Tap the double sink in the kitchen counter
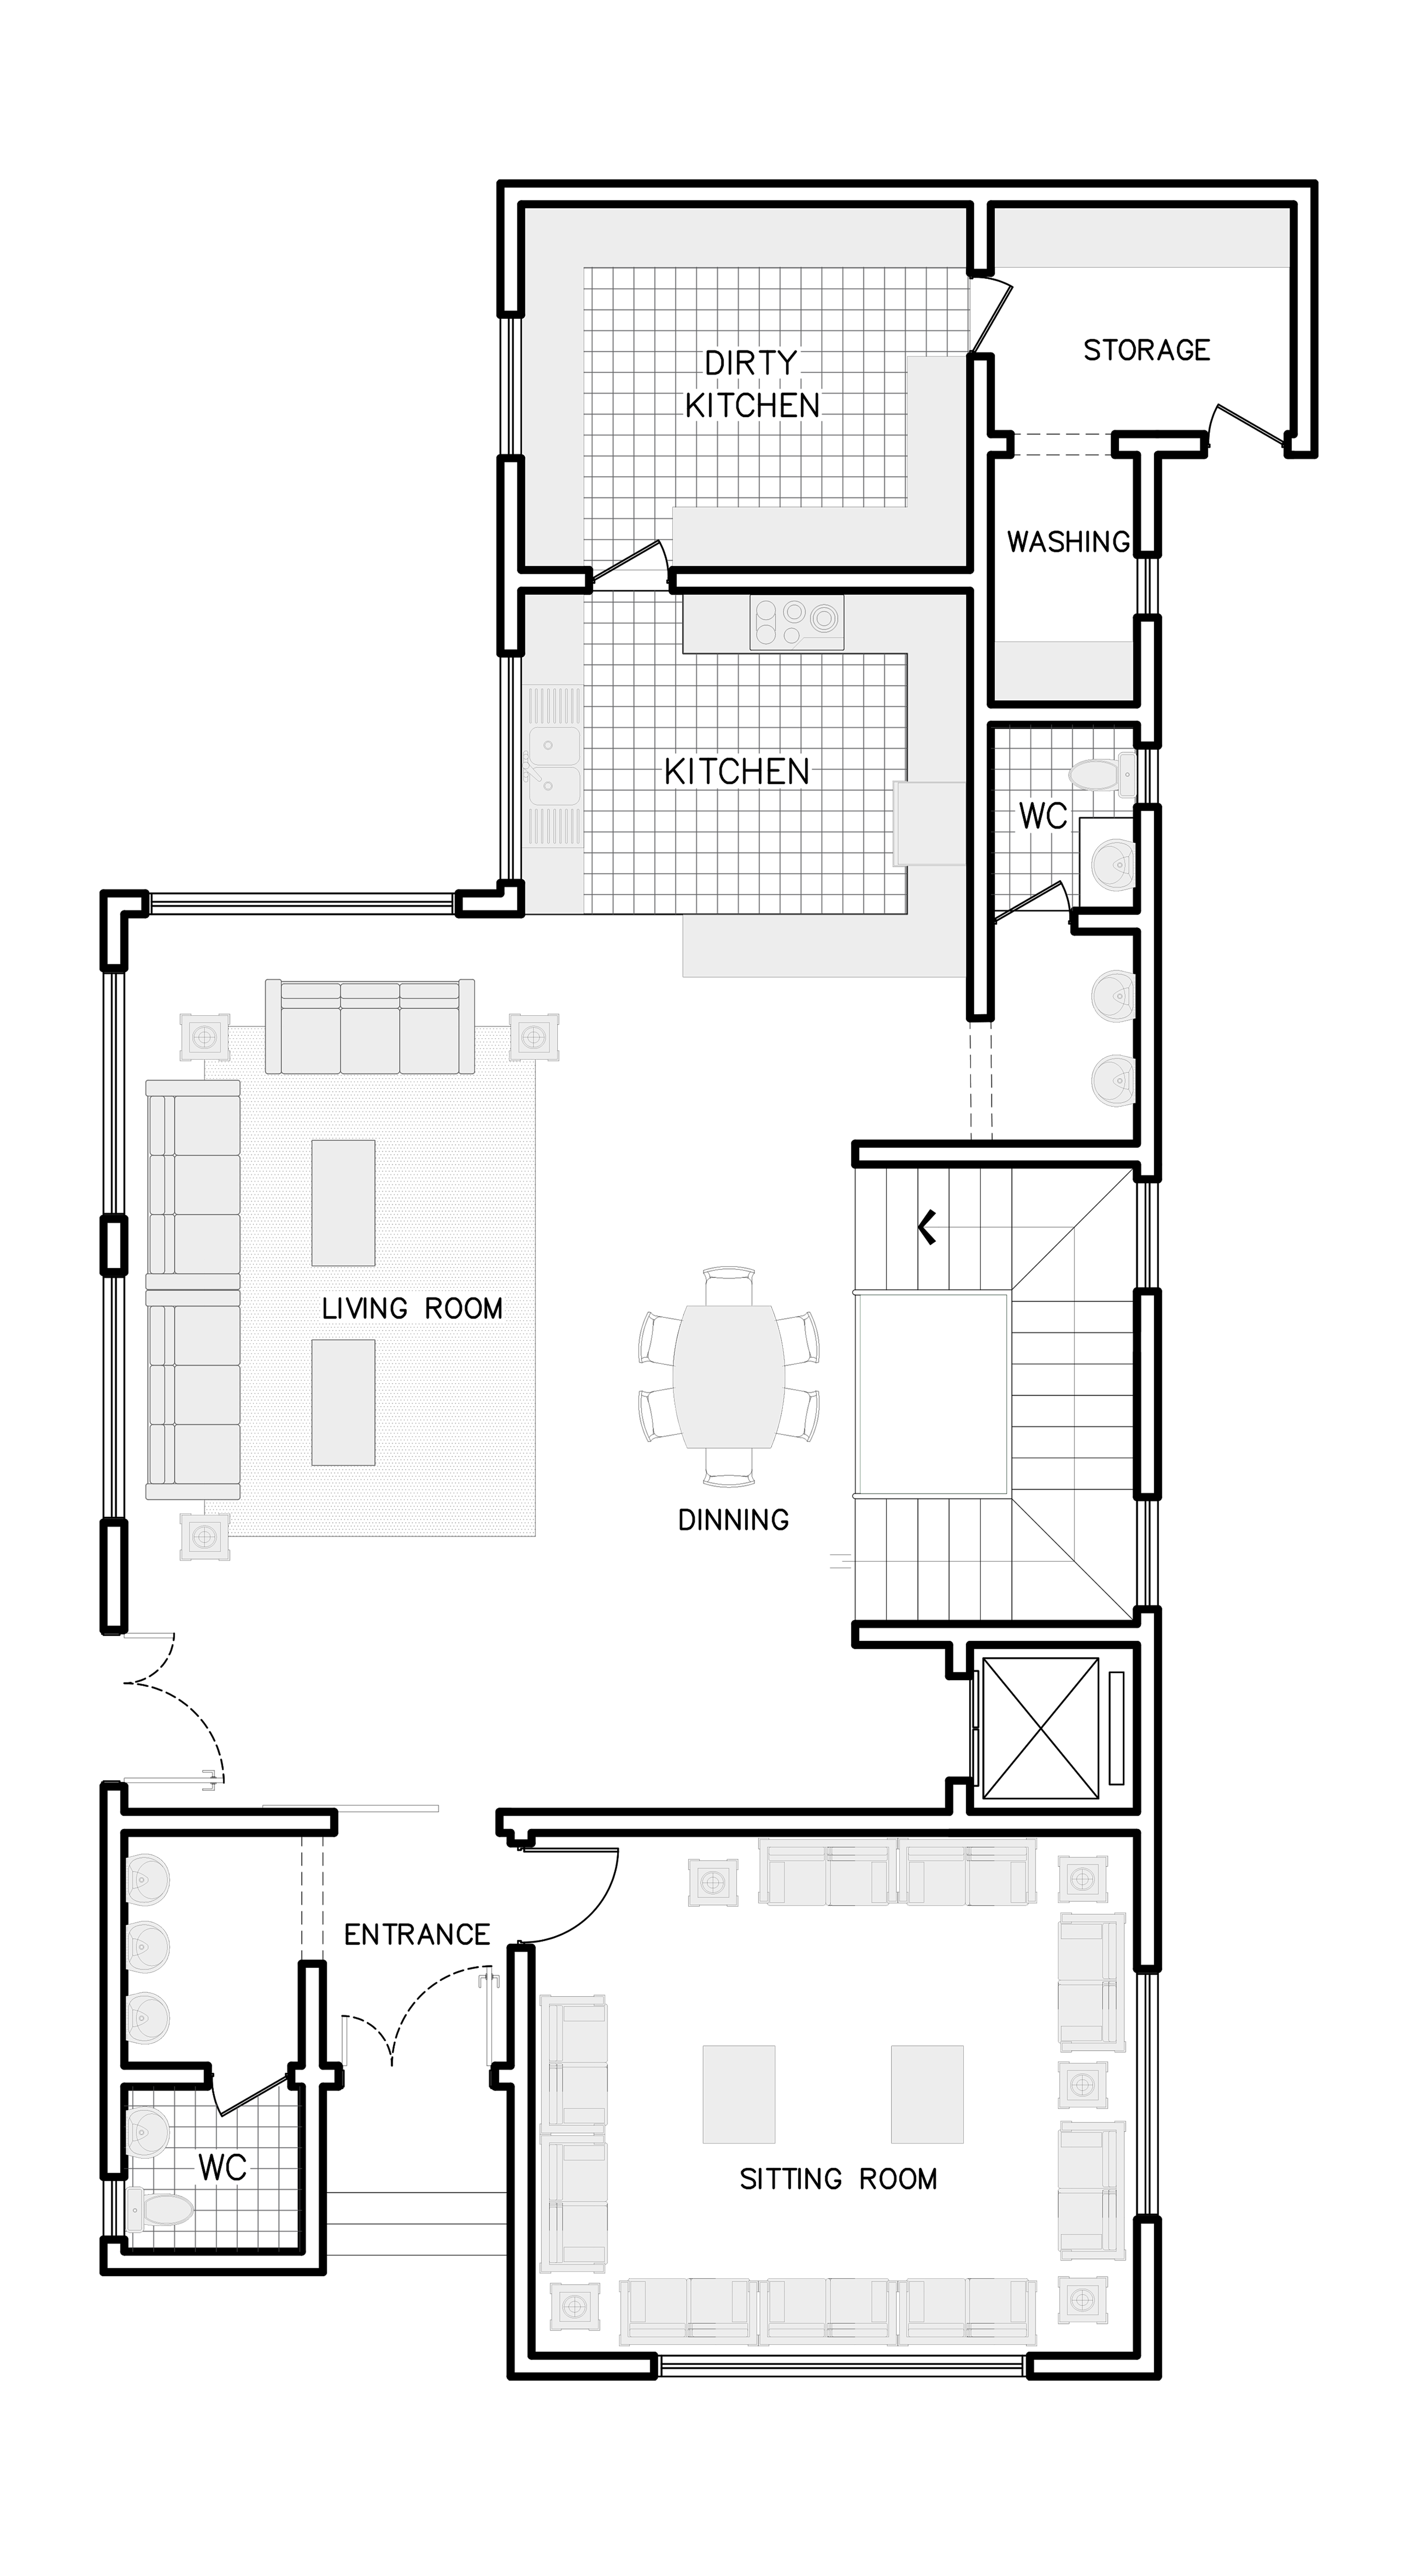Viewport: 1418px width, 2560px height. tap(554, 766)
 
